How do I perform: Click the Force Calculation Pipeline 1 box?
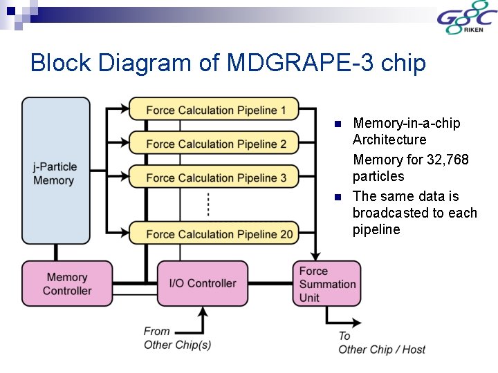214,109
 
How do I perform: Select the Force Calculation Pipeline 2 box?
214,143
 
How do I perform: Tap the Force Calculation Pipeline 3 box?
214,178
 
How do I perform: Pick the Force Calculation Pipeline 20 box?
214,233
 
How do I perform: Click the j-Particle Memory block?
55,173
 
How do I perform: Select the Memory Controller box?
67,284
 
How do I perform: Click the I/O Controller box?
202,283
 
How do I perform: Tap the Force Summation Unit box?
326,284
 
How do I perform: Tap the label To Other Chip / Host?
381,343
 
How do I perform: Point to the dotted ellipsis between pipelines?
208,205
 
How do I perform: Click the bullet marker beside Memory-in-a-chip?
338,124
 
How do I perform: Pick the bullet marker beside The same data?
338,197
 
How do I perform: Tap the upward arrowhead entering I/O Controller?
202,310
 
